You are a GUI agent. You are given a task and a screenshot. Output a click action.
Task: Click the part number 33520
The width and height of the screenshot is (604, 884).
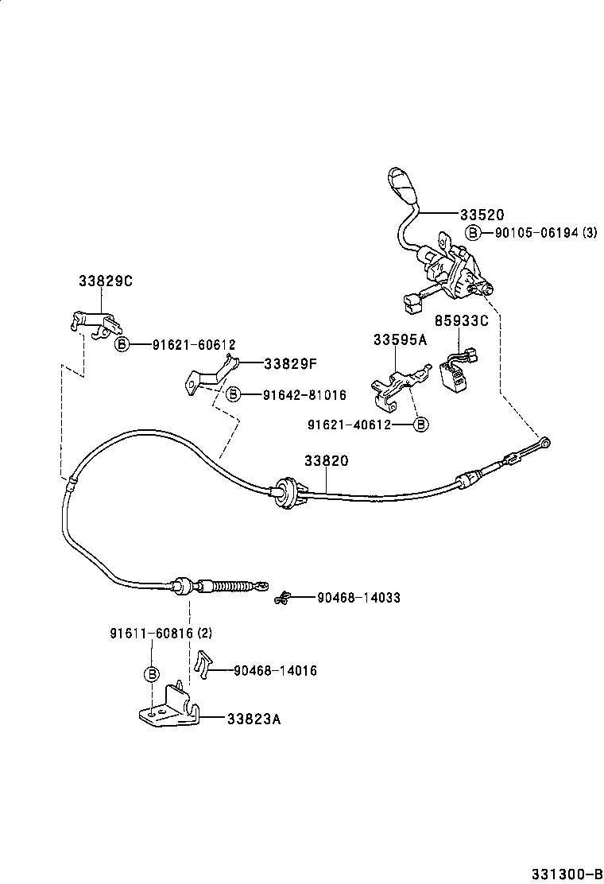pyautogui.click(x=482, y=215)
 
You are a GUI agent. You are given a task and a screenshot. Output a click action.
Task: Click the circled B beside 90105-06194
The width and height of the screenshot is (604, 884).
pyautogui.click(x=473, y=232)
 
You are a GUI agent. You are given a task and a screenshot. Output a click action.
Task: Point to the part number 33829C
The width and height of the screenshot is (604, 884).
pyautogui.click(x=105, y=281)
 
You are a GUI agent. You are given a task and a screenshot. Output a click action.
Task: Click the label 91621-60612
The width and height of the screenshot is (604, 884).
pyautogui.click(x=184, y=344)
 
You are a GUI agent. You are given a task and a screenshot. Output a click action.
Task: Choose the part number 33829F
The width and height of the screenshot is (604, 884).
pyautogui.click(x=290, y=363)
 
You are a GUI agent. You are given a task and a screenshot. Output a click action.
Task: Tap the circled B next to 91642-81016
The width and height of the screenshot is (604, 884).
pyautogui.click(x=233, y=394)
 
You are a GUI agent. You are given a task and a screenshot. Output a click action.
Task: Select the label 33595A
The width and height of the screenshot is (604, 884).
pyautogui.click(x=400, y=339)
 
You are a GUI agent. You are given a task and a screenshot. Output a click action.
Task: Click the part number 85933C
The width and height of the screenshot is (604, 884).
pyautogui.click(x=461, y=320)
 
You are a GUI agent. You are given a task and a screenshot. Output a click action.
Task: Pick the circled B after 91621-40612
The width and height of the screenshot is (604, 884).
pyautogui.click(x=420, y=425)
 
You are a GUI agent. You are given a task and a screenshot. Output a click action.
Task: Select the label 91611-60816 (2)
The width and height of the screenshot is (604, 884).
pyautogui.click(x=161, y=634)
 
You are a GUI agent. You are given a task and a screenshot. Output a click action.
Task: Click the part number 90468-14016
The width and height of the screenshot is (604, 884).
pyautogui.click(x=275, y=671)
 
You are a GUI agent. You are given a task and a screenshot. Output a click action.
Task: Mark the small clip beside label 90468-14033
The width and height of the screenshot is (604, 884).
pyautogui.click(x=282, y=598)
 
